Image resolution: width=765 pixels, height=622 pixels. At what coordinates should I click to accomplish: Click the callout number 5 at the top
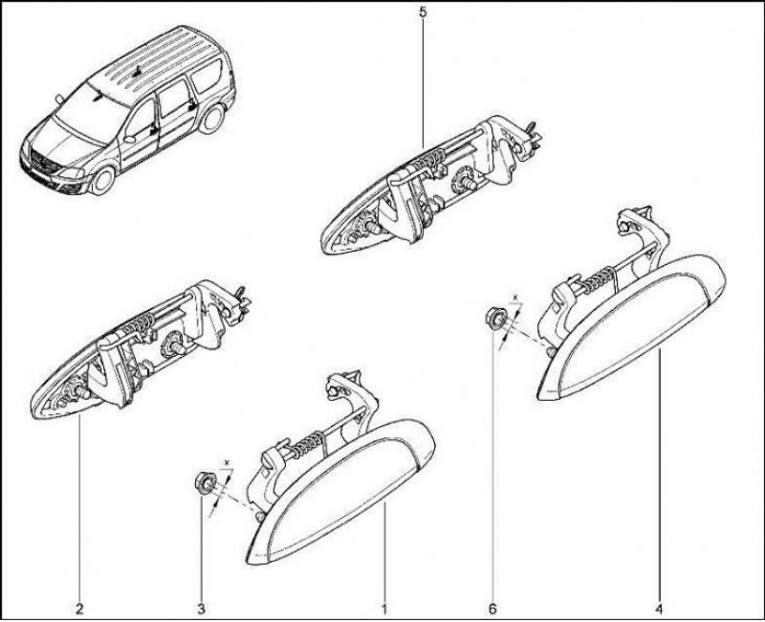click(423, 11)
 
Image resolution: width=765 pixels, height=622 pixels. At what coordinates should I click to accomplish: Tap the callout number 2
click(79, 609)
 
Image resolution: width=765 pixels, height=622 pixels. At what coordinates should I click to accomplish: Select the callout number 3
click(201, 609)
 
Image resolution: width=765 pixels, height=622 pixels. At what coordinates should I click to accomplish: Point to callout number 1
click(384, 609)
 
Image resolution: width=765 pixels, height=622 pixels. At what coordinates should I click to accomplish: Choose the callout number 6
click(492, 609)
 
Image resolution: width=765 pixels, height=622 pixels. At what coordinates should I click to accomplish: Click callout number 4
click(660, 609)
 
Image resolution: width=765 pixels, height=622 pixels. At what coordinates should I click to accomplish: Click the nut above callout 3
click(206, 483)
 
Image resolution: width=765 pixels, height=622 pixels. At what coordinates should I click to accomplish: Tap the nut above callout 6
click(495, 319)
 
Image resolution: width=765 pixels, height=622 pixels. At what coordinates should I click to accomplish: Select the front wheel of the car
click(102, 181)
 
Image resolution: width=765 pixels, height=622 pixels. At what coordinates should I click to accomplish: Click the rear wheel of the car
click(211, 119)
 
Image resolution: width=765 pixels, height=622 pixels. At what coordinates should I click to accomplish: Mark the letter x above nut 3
click(227, 461)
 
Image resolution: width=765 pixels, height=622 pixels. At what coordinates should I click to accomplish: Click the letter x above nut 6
click(516, 297)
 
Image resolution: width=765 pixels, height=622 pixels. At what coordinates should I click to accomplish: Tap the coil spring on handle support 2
click(139, 323)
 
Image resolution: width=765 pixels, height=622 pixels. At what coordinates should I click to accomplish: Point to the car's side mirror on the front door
click(129, 139)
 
